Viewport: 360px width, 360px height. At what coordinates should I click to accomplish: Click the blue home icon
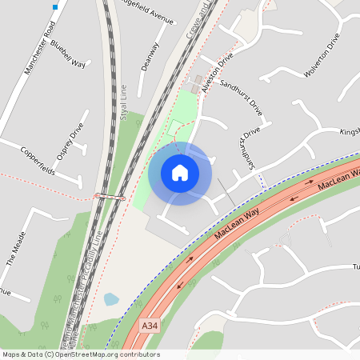[180, 173]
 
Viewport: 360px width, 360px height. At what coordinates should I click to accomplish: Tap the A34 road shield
[150, 326]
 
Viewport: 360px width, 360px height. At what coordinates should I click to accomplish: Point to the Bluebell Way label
[68, 55]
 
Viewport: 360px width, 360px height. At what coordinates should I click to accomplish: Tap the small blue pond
[111, 300]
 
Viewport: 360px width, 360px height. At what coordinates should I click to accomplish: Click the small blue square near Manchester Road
[55, 7]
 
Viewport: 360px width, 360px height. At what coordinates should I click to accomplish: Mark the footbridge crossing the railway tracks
[110, 195]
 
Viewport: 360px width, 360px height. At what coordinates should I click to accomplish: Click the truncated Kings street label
[350, 130]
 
